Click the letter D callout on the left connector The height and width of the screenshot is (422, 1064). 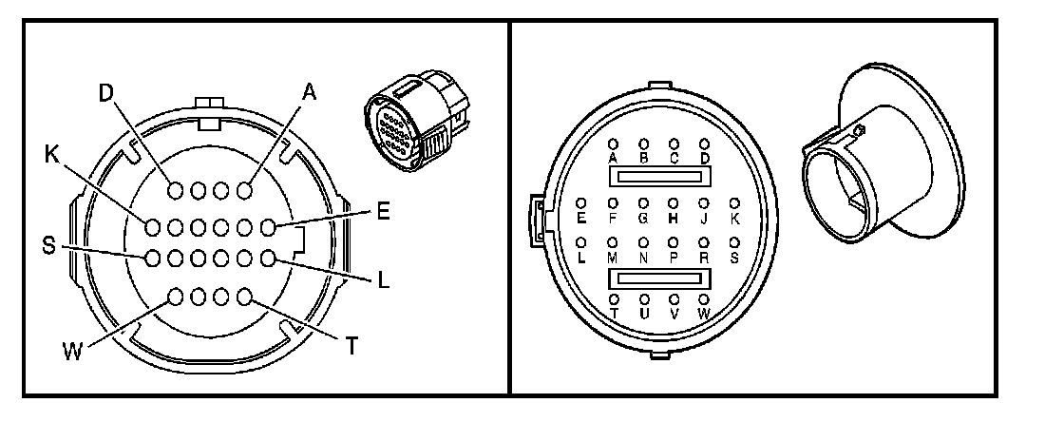pyautogui.click(x=105, y=94)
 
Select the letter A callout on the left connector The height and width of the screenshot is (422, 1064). pyautogui.click(x=308, y=91)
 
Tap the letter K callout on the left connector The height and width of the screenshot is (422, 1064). pyautogui.click(x=51, y=152)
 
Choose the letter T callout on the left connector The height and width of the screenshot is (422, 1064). pyautogui.click(x=351, y=346)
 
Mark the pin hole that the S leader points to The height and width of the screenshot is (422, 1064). pyautogui.click(x=152, y=258)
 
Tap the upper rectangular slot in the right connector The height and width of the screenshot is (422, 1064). pyautogui.click(x=658, y=177)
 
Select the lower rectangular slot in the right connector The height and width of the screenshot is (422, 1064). pyautogui.click(x=658, y=278)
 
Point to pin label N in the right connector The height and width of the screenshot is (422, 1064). pyautogui.click(x=643, y=258)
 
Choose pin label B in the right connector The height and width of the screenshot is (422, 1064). pyautogui.click(x=643, y=158)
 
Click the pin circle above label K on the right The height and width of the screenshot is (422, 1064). pyautogui.click(x=733, y=202)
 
